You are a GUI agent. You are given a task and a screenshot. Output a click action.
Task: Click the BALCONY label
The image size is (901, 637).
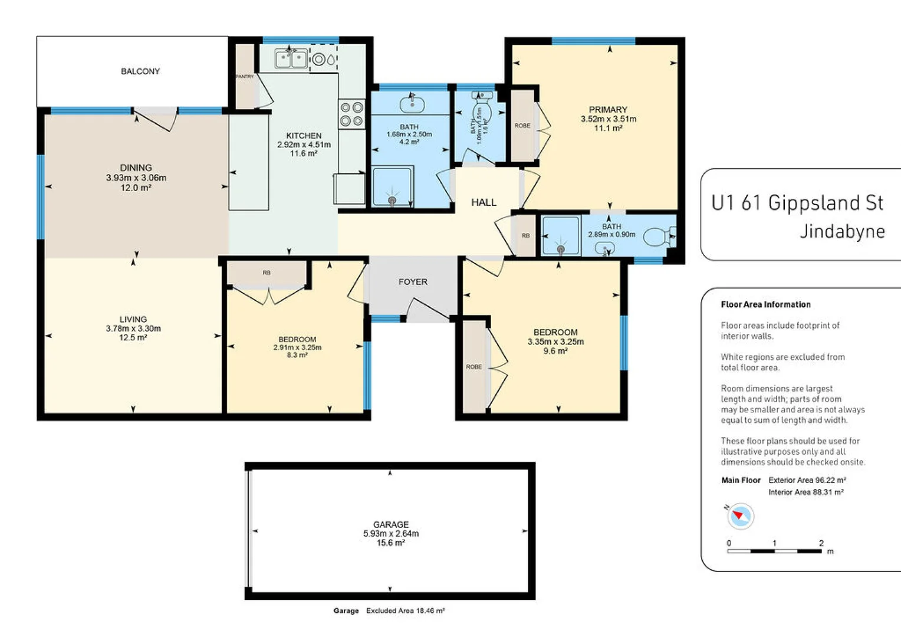point(140,71)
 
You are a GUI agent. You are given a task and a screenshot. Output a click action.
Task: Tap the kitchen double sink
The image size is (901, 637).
point(291,59)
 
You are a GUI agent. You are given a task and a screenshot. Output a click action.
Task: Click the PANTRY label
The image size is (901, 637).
point(244,77)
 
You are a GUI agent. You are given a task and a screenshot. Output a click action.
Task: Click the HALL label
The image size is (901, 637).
point(484,202)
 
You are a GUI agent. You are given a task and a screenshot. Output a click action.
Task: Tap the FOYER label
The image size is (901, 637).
point(413,282)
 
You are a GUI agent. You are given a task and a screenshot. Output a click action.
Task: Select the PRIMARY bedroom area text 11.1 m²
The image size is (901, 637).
point(608,128)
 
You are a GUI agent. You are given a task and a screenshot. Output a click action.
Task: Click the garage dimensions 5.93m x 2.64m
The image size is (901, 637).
point(391,533)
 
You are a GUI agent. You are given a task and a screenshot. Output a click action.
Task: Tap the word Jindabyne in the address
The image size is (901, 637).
point(842,231)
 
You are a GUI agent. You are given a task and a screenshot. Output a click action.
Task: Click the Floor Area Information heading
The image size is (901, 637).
point(765,304)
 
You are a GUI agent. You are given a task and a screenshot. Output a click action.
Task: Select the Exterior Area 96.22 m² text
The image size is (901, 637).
point(807,480)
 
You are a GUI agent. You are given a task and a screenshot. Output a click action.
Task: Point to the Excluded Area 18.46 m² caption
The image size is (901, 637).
point(405,610)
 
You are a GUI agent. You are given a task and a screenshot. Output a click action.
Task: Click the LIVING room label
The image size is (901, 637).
point(133,319)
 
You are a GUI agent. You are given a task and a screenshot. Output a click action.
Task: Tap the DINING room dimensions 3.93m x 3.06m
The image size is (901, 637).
point(136,178)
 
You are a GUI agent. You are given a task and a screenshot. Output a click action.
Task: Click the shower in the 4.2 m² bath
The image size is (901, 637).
point(392,187)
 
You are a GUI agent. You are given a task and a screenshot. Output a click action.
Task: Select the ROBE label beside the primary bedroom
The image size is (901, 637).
point(522,126)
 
